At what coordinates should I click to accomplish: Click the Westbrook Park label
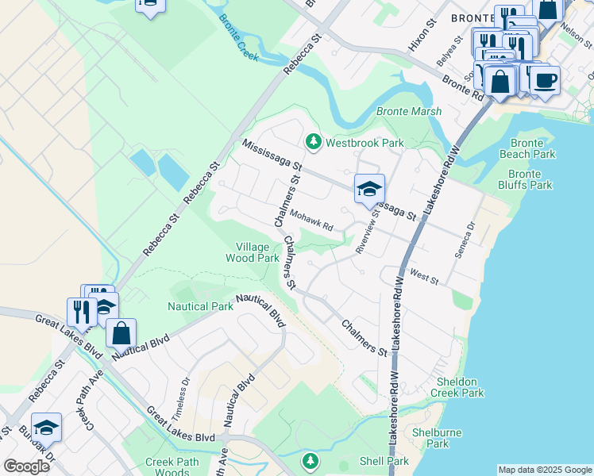pos(364,143)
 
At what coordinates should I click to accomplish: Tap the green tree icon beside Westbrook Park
pos(314,142)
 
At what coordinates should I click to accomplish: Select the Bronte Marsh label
pos(408,111)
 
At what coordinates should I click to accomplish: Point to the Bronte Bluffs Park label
pos(530,179)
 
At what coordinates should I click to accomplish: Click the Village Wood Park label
pos(253,252)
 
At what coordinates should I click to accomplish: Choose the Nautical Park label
pos(199,306)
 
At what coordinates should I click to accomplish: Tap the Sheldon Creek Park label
pos(458,387)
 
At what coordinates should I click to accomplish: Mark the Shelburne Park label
pos(431,438)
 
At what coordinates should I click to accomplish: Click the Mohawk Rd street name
pos(310,217)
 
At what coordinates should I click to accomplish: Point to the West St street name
pos(425,278)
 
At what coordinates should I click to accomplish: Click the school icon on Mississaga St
pos(369,189)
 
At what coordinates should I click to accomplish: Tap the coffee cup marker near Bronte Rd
pos(546,80)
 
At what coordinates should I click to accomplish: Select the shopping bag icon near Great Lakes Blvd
pos(121,332)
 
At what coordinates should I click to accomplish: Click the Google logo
pos(26,466)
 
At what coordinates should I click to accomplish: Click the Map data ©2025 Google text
pos(544,470)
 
